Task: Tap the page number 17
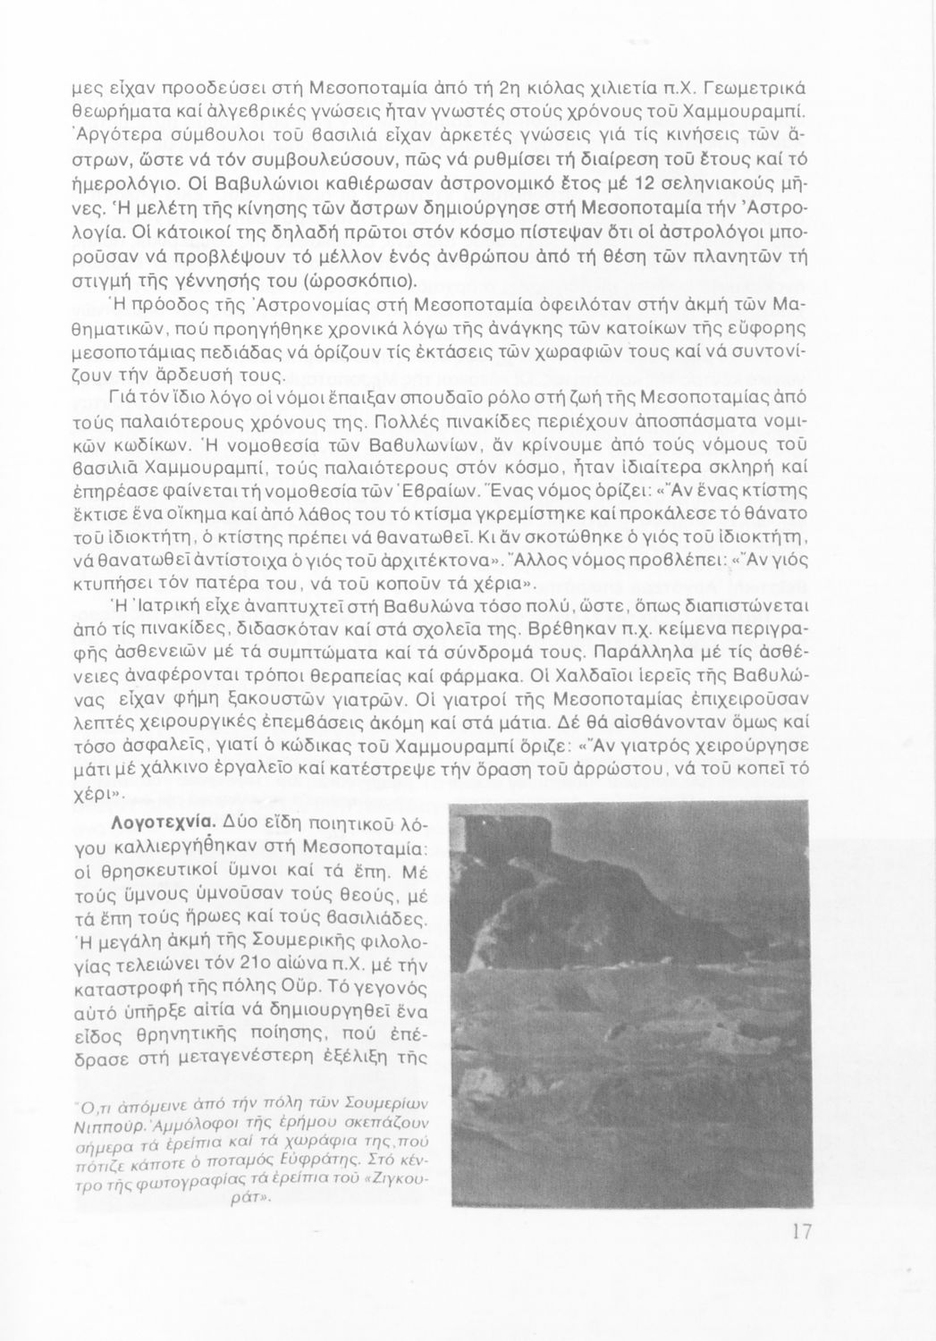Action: pos(801,1231)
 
